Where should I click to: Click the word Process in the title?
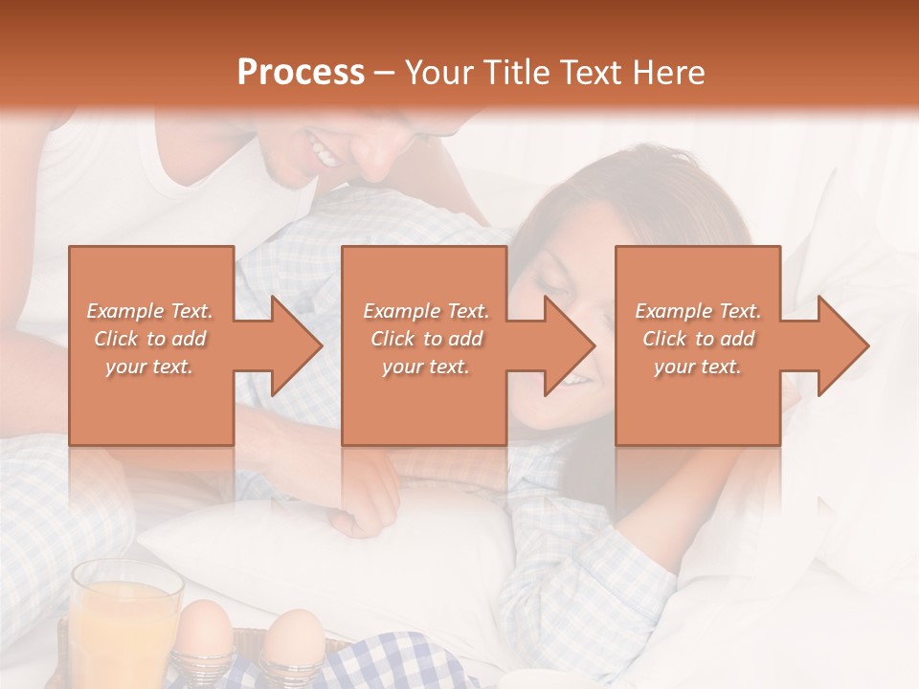301,72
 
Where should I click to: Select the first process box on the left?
151,345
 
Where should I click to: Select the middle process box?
424,345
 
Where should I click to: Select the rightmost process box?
698,345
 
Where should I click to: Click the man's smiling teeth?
324,150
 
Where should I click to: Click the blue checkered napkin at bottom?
402,665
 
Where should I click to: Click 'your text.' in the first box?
149,367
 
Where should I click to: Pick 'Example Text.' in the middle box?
426,311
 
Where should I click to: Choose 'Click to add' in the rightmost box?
698,339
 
